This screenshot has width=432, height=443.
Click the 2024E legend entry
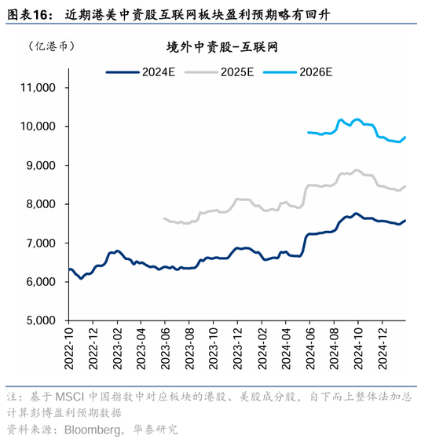tap(141, 72)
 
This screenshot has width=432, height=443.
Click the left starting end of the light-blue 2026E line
tap(308, 132)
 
